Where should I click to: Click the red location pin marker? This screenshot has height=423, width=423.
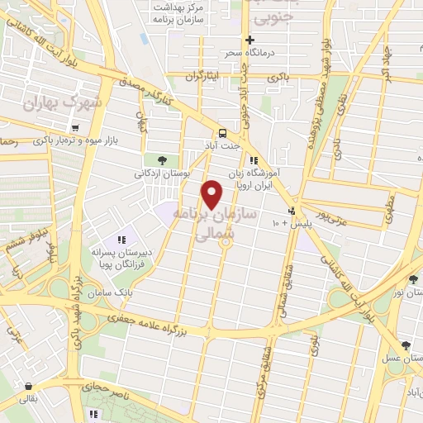[213, 194]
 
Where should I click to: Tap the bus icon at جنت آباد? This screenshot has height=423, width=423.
[222, 133]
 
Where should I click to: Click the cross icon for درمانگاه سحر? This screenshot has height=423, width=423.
[250, 40]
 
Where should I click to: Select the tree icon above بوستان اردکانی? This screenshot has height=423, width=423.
[161, 160]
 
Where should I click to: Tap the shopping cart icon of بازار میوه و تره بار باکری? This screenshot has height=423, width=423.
[75, 128]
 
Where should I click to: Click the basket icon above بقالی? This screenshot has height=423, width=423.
[29, 386]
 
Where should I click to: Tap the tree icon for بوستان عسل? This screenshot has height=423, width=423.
[404, 345]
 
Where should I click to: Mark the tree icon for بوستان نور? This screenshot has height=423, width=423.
[413, 278]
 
